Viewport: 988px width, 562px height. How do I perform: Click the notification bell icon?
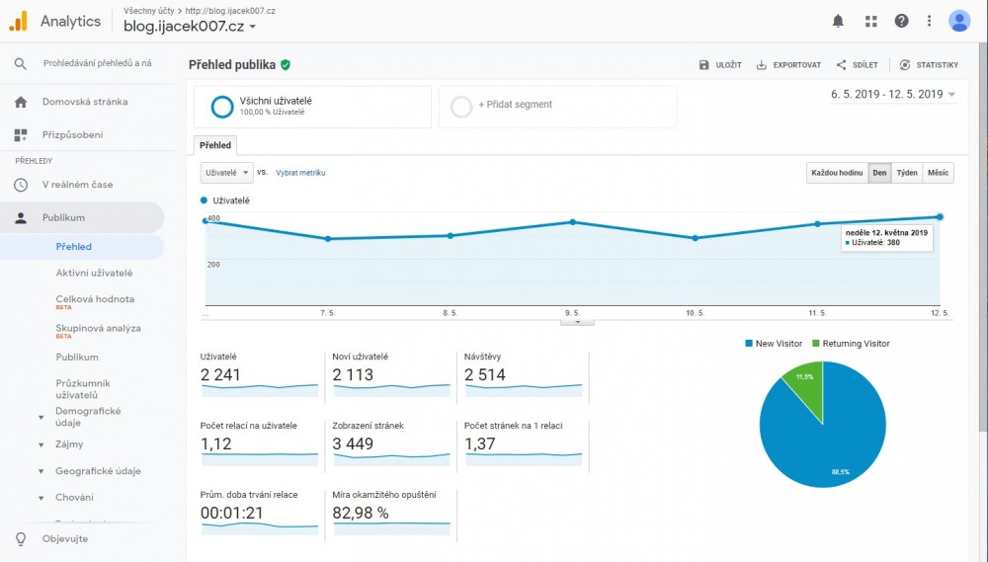point(839,21)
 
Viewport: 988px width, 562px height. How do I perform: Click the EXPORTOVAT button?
point(788,65)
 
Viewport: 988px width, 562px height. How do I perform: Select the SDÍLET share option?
point(857,65)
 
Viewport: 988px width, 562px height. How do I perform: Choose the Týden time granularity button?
point(906,173)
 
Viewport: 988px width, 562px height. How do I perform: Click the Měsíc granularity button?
point(938,173)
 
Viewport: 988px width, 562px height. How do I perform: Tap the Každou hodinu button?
point(837,173)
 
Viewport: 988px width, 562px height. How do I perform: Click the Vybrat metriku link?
point(300,173)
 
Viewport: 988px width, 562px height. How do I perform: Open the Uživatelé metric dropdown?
point(226,173)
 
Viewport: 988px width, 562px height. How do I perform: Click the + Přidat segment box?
point(557,106)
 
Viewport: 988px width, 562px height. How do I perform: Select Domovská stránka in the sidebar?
point(85,102)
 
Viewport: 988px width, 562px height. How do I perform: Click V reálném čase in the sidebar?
point(77,185)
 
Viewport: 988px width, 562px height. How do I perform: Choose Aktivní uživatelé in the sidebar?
point(94,273)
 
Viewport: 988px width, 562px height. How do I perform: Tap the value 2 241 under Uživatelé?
point(220,375)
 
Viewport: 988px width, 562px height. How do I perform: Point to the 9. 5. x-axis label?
point(572,313)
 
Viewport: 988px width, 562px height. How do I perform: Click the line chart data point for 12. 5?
point(940,216)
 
